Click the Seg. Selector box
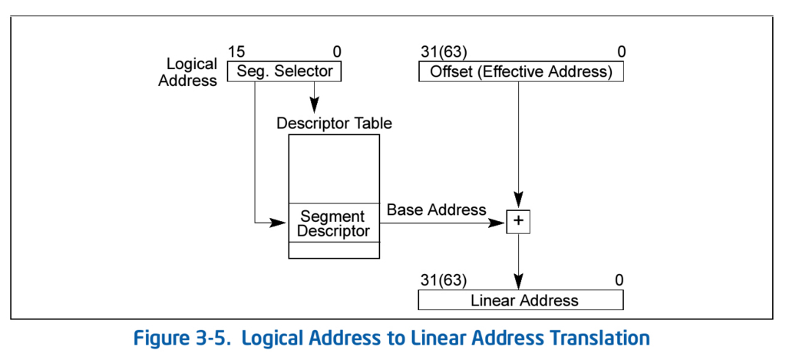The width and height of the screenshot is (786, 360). pos(284,71)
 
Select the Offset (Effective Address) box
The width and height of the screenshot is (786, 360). pos(521,71)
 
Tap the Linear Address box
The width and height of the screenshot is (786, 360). pos(521,300)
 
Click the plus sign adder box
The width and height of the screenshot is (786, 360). pos(518,222)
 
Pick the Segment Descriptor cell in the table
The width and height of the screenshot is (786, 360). pos(334,223)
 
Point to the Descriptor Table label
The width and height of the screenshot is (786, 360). pos(335,123)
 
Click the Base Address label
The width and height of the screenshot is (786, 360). pos(437,209)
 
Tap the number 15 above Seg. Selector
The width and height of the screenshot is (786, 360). pos(236,51)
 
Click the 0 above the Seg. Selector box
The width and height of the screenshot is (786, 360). pos(336,51)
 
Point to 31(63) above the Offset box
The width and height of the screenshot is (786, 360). pos(443,51)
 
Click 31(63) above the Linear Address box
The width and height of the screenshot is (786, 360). pos(443,279)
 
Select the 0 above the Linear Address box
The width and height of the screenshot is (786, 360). pos(619,279)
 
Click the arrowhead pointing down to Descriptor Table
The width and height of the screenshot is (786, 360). pos(314,105)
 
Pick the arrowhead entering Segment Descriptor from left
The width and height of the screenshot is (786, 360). pos(278,223)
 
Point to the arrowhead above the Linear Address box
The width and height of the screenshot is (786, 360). pos(518,279)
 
